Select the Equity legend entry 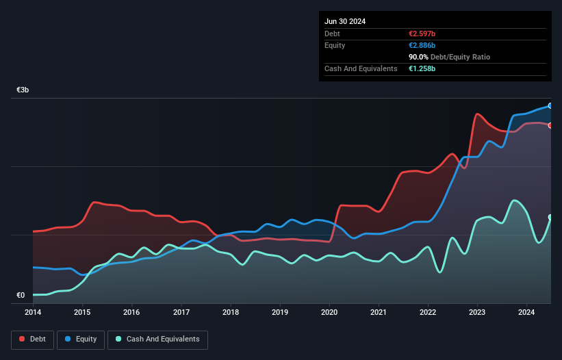[81, 339]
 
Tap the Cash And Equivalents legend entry [157, 339]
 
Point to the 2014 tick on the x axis [32, 312]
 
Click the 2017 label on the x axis [181, 312]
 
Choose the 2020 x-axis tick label [329, 312]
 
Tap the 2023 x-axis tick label [477, 312]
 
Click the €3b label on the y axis [23, 90]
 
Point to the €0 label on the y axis [21, 296]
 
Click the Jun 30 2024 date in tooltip [345, 21]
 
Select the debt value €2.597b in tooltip [422, 34]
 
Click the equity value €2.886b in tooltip [422, 45]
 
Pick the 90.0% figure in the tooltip [419, 57]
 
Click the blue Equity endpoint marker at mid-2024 [550, 105]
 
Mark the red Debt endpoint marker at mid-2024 [550, 125]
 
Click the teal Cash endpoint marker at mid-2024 [550, 217]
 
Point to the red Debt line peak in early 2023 [477, 114]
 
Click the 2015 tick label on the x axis [82, 312]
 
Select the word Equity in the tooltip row [335, 45]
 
